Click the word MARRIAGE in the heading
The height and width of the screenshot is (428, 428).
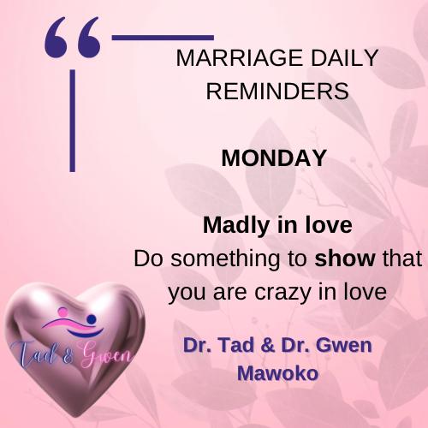[239, 58]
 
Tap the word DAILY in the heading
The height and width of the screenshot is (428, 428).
[344, 58]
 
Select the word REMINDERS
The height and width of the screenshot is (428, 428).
[277, 91]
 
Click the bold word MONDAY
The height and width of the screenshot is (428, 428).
[274, 158]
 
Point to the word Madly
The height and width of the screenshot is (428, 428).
[236, 225]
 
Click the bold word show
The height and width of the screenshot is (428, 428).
[345, 259]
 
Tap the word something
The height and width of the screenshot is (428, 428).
[225, 259]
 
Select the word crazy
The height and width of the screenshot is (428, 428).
[282, 293]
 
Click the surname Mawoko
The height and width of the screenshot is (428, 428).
[277, 373]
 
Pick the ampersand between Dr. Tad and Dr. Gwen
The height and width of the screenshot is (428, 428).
[268, 345]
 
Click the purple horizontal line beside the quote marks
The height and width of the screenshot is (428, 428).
[163, 38]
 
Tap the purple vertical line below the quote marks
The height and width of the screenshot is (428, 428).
[73, 121]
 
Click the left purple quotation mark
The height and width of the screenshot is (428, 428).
[56, 37]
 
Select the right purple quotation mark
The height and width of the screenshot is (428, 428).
[89, 37]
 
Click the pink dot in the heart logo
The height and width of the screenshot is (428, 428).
[62, 312]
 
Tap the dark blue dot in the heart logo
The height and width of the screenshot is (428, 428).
[92, 319]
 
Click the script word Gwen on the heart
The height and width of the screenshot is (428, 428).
[106, 354]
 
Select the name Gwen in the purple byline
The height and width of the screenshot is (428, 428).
[344, 345]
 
